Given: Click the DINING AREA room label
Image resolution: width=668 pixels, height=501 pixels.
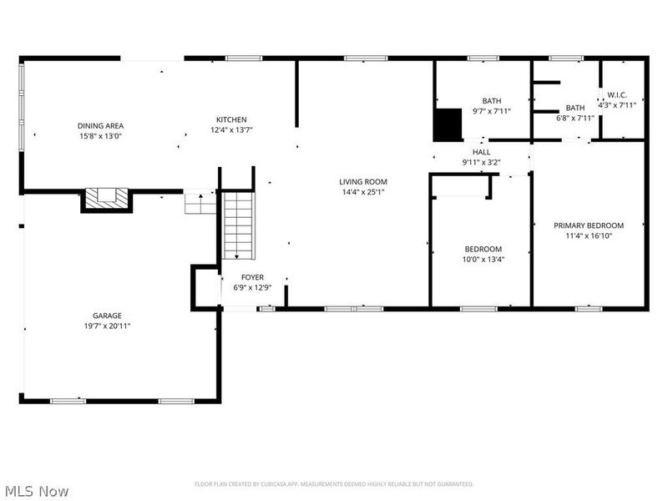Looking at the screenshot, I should (100, 125).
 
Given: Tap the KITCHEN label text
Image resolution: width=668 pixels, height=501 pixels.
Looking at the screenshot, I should (231, 119).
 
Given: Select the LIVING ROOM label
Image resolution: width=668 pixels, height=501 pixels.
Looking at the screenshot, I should (363, 181).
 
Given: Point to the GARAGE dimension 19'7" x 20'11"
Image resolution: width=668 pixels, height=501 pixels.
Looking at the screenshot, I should (107, 326).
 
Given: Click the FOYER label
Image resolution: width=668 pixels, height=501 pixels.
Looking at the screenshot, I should (252, 277).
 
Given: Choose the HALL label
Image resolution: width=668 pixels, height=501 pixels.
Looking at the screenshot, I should (482, 152).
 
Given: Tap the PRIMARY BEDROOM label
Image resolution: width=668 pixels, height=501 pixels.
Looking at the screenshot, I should (589, 225).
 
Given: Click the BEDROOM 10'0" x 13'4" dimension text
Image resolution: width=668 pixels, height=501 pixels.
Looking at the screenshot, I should (483, 259).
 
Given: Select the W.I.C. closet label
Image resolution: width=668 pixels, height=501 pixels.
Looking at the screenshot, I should (617, 94).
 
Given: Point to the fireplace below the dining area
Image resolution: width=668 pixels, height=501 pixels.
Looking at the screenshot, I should (105, 199).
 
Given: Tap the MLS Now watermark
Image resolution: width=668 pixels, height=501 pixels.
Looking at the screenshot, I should (37, 491).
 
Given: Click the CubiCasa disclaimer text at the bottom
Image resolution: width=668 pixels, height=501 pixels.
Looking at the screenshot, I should (334, 484).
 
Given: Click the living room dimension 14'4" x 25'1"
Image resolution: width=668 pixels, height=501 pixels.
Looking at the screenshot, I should (363, 191).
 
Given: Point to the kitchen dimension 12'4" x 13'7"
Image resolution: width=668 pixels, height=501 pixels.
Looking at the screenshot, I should (231, 129).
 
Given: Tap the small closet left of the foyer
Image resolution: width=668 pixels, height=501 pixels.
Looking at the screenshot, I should (204, 287).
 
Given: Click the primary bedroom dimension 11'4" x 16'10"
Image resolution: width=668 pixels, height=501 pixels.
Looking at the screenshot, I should (589, 235).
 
